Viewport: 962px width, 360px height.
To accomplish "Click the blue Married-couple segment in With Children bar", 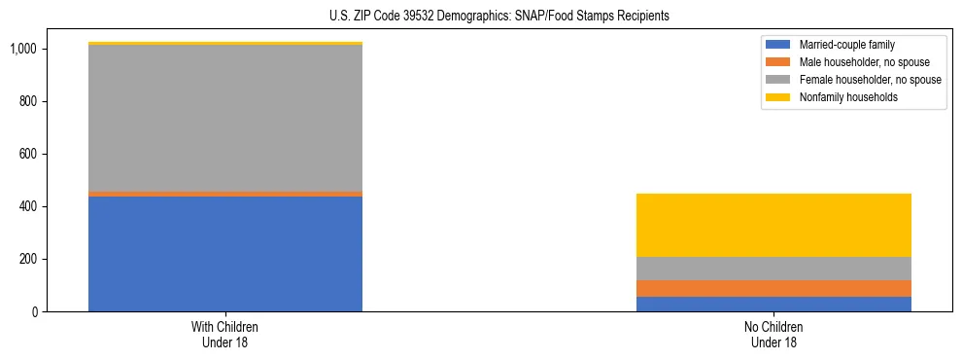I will point(225,254).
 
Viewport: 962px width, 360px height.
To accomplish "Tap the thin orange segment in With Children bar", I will point(225,194).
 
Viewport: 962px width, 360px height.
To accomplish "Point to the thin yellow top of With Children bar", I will point(225,43).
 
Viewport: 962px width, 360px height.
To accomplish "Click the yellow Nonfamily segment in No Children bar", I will point(773,225).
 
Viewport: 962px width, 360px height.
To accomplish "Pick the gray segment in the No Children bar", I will point(773,269).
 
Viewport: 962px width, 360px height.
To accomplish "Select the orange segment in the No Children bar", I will point(773,288).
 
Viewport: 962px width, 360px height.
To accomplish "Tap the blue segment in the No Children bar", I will point(773,304).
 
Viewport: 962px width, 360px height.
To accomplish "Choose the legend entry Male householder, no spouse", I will point(856,62).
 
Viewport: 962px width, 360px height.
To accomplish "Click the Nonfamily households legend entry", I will point(842,97).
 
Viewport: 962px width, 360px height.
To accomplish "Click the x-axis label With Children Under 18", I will point(225,335).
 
